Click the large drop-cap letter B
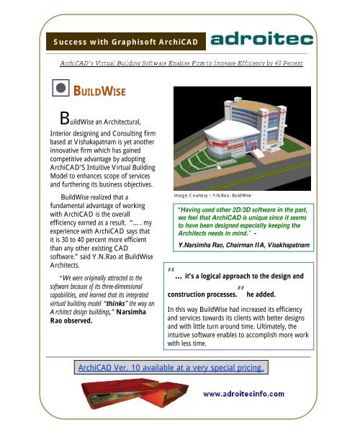point(66,120)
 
